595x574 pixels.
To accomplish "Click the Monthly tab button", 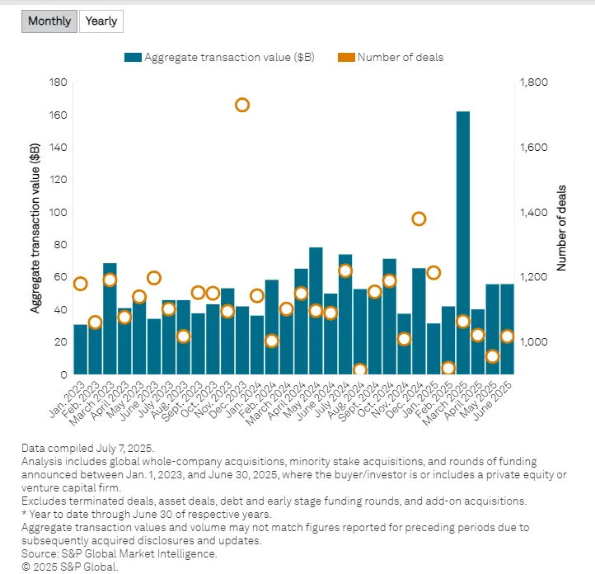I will pos(49,21).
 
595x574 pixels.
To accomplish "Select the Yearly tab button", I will pos(101,21).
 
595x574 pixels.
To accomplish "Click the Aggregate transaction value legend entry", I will pos(219,57).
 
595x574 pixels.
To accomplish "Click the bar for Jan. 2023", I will pos(81,349).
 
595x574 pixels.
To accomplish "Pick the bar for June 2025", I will pos(507,329).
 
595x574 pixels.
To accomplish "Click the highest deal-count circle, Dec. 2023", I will pos(242,105).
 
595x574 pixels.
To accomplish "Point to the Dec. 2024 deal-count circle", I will pos(419,219).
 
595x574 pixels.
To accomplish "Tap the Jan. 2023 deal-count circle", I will pos(81,284).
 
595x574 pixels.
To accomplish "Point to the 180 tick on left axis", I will pos(58,82).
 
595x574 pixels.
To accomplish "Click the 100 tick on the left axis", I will pos(58,212).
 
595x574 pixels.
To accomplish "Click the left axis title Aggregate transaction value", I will pos(35,228).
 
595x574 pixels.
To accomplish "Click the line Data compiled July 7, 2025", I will pos(87,447).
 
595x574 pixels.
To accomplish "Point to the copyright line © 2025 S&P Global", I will pos(70,567).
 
